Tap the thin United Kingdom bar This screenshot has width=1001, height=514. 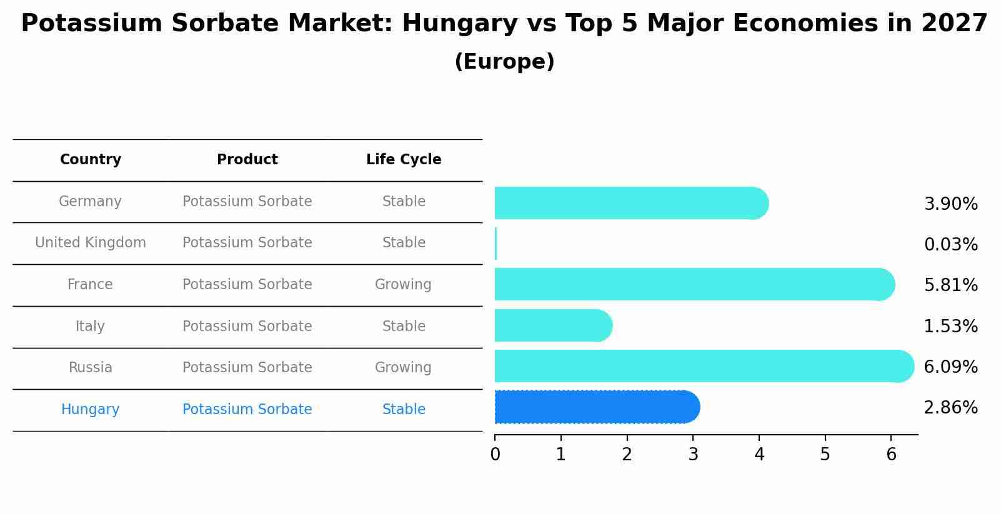[x=496, y=244]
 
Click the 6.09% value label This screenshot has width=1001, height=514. [x=950, y=367]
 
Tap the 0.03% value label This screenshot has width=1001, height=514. [x=950, y=244]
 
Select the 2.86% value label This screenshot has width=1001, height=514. [x=950, y=408]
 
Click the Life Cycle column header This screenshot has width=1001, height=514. [x=404, y=160]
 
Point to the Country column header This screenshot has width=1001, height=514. [x=91, y=160]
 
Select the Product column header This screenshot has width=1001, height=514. [x=247, y=160]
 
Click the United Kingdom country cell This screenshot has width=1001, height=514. [x=91, y=242]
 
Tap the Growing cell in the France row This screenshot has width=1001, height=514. [x=403, y=284]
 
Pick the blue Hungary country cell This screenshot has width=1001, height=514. [x=91, y=409]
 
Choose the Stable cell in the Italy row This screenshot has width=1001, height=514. [x=404, y=326]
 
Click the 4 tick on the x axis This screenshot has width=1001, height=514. [x=759, y=454]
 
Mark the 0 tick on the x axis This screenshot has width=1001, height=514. [x=495, y=454]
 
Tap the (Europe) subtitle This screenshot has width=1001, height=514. [x=504, y=62]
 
